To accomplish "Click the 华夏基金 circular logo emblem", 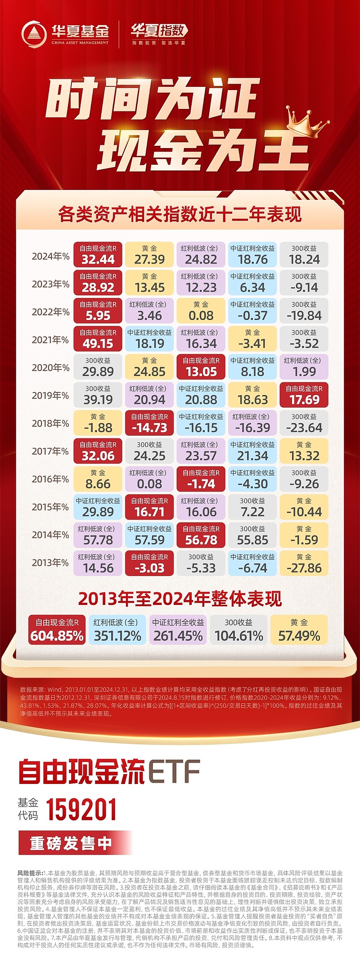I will point(34,34).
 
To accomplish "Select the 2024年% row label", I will point(50,256).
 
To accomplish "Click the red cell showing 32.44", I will point(98,255).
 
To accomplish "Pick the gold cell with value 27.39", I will point(149,255).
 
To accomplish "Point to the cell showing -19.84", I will point(304,311).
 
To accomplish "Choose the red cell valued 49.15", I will point(98,338).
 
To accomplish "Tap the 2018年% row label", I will point(50,423).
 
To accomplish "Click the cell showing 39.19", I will point(98,395).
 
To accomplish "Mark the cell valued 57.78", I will point(98,535).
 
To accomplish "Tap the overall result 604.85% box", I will point(57,630).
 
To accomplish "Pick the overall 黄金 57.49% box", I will point(299,630).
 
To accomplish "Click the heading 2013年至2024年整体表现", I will point(180,599).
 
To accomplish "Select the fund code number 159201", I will point(81,810).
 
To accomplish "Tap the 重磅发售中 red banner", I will point(72,843).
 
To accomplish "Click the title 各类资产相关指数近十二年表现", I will point(180,214).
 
